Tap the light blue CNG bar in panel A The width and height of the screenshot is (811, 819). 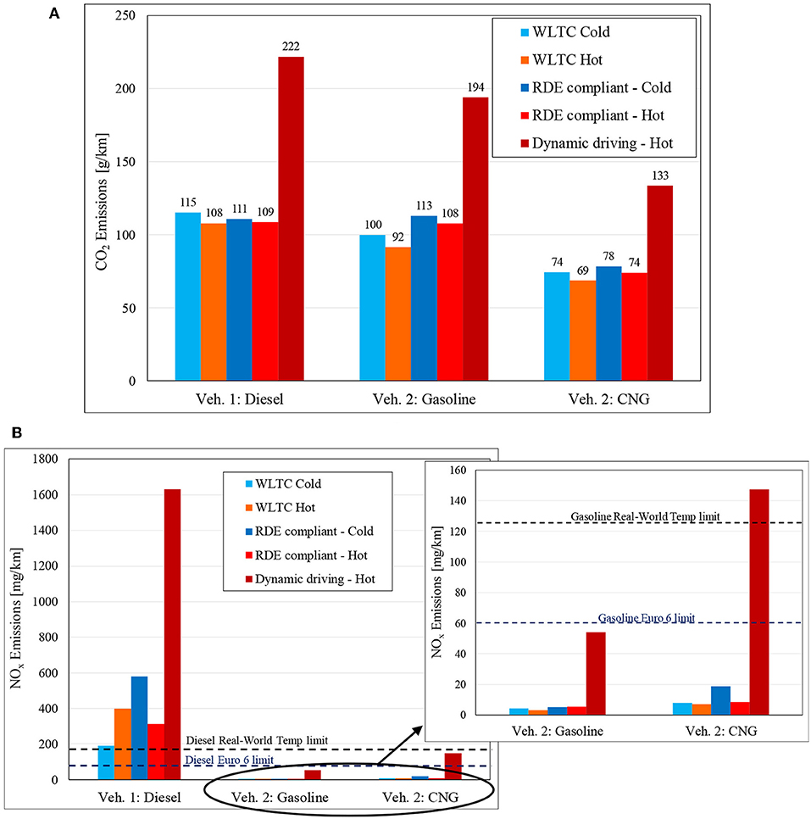[557, 326]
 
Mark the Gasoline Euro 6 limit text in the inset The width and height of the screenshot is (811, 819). [646, 618]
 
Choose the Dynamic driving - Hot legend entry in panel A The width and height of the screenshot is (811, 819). [593, 142]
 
